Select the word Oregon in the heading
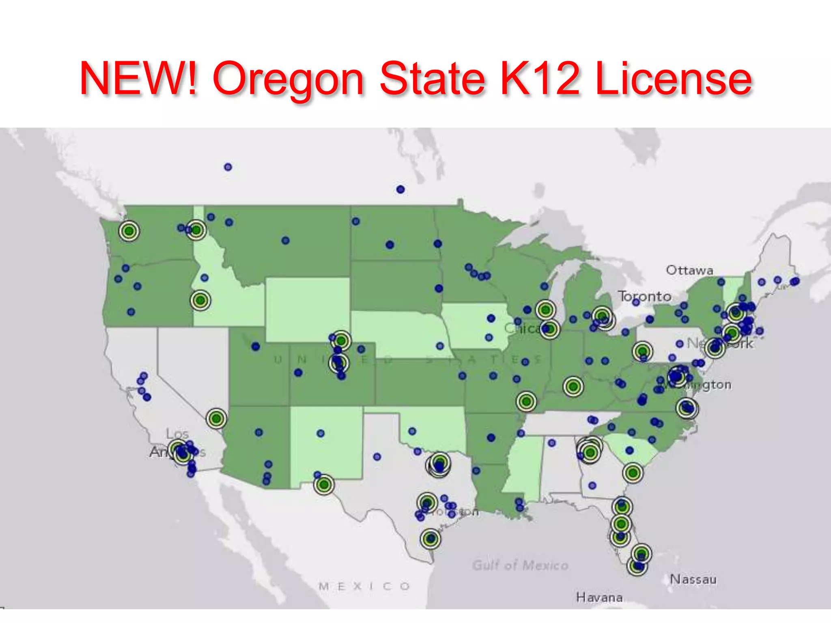[288, 79]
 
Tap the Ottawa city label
[689, 270]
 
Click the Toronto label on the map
[645, 296]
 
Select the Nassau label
[693, 579]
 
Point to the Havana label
[599, 597]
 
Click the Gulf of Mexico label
[520, 565]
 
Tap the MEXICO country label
[364, 586]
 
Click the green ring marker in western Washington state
[129, 231]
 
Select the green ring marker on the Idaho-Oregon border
[200, 301]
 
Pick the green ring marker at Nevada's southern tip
[216, 418]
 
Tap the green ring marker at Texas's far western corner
[324, 485]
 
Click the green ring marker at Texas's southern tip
[431, 539]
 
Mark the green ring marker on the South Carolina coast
[633, 473]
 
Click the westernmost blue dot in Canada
[228, 167]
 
